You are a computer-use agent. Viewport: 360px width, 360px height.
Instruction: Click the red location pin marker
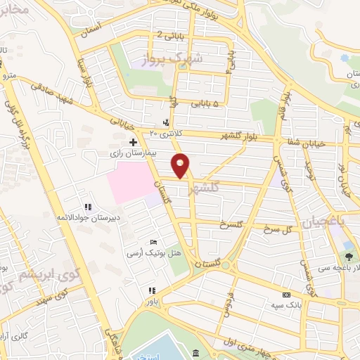pos(181,165)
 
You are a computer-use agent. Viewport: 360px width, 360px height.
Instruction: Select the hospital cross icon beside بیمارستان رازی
pos(133,142)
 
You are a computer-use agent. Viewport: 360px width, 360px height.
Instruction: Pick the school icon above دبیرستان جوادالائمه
pos(89,207)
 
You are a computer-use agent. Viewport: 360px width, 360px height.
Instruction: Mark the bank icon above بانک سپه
pos(285,295)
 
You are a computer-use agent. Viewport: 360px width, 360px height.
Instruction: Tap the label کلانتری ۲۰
pos(165,132)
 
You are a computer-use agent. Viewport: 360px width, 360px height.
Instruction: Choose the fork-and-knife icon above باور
pos(162,290)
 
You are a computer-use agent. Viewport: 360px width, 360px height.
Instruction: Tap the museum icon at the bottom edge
pos(195,351)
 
